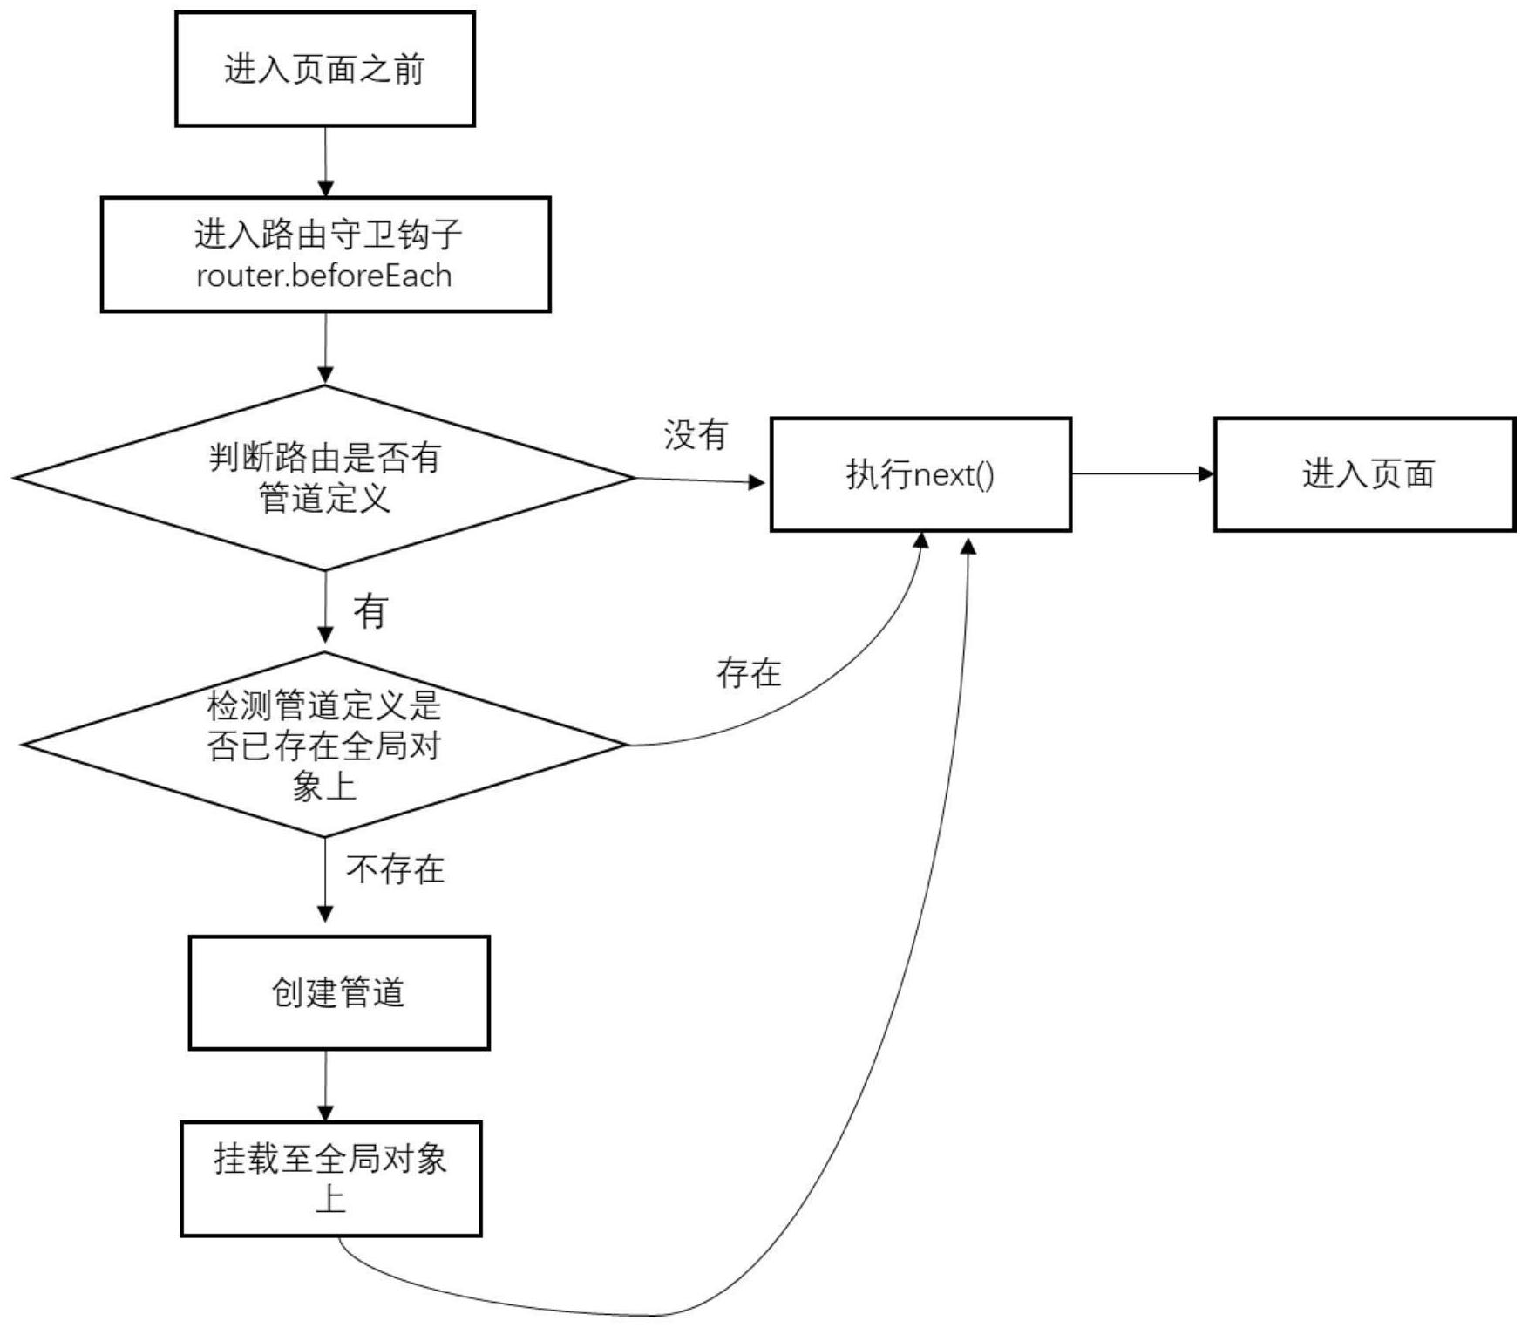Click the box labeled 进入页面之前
[325, 70]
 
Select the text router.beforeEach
[324, 276]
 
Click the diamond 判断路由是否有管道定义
[325, 478]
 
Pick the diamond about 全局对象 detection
[324, 746]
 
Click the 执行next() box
[920, 474]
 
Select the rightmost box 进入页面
[1365, 474]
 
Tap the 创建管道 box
[339, 992]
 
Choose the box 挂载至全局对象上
[331, 1178]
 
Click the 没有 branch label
[696, 434]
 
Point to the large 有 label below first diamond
[370, 611]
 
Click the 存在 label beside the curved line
[749, 672]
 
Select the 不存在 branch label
[396, 869]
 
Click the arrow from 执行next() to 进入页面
[1142, 474]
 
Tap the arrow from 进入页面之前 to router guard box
[325, 161]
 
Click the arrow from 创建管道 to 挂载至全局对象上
[326, 1086]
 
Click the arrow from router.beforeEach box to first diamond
[325, 349]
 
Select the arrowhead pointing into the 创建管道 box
[325, 914]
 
